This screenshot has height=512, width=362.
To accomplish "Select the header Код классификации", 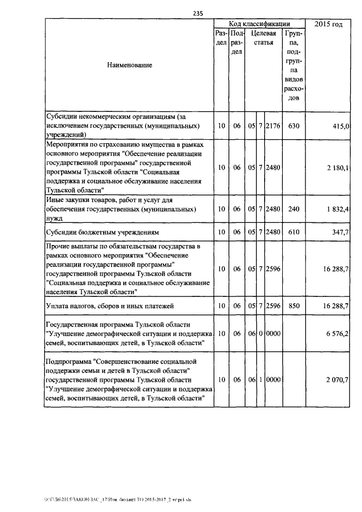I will click(x=259, y=24).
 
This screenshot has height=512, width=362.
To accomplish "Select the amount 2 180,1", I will click(x=337, y=167).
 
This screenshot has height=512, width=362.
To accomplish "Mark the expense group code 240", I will click(x=293, y=209).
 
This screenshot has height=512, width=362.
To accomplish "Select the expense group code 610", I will click(x=293, y=233).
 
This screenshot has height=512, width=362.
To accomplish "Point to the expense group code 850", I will click(x=293, y=306).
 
